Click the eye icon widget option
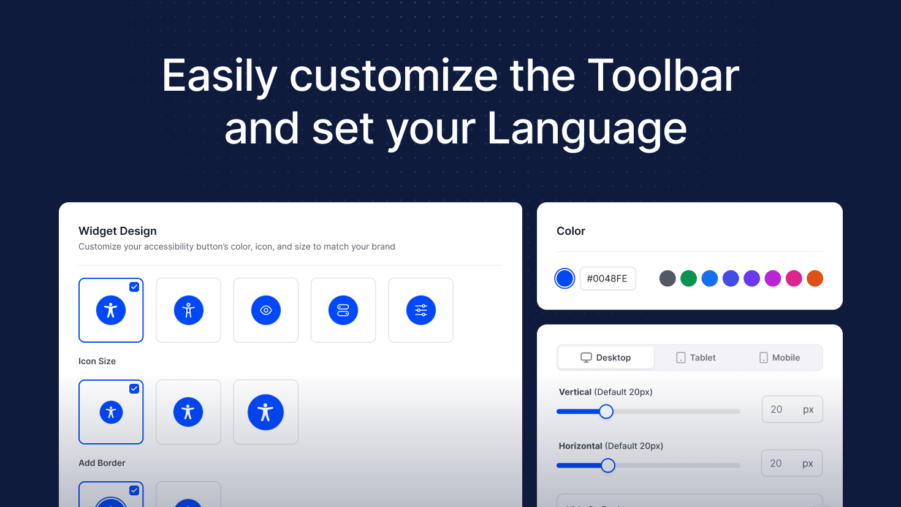266,310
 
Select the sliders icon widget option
420,310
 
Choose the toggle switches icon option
343,310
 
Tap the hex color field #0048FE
608,278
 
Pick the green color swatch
689,278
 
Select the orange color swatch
815,278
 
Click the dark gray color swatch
667,278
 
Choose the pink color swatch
794,278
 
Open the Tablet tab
696,357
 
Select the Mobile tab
780,357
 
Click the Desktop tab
606,357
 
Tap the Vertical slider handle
606,411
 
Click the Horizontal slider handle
608,465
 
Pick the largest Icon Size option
266,412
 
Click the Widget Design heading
118,231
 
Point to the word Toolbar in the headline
664,75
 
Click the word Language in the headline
587,129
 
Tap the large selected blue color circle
565,278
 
